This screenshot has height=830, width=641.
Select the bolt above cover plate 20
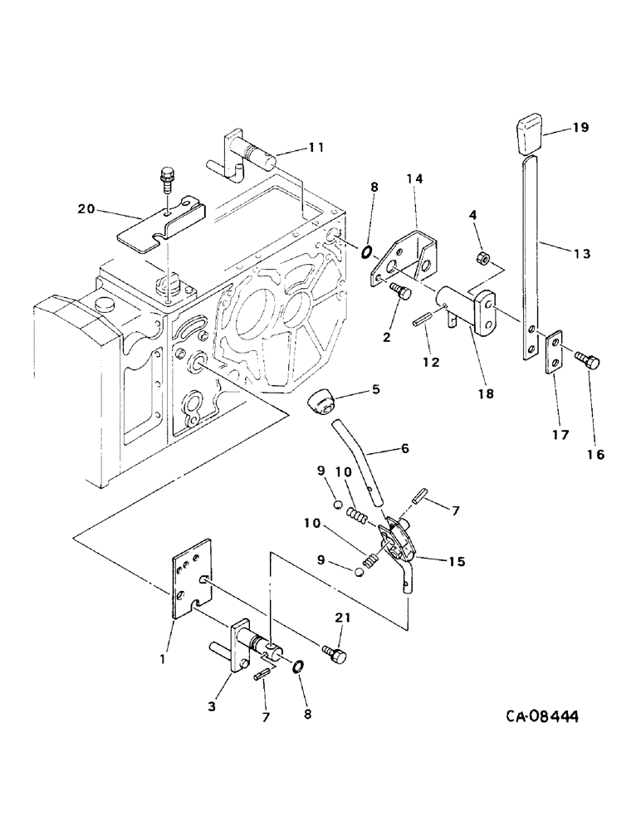coord(165,178)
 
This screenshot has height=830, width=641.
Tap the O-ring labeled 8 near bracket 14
coord(365,248)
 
